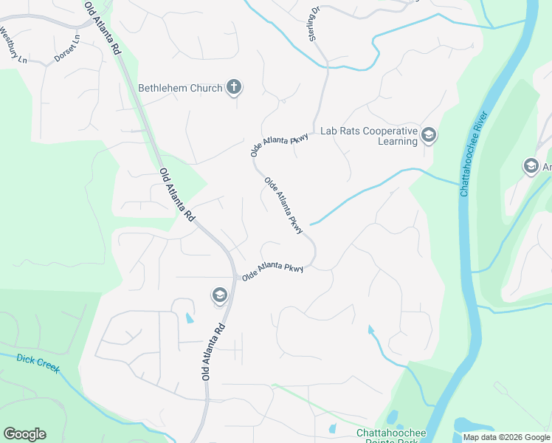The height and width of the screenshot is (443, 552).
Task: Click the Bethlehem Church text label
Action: (x=180, y=88)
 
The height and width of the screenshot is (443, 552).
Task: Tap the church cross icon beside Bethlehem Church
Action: (x=233, y=88)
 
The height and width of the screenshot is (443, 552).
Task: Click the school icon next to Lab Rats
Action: (x=429, y=135)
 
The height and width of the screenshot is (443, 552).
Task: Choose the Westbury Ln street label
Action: (x=11, y=44)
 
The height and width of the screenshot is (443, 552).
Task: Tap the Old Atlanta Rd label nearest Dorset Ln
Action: (x=103, y=29)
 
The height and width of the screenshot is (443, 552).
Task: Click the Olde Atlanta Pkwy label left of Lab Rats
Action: (x=280, y=140)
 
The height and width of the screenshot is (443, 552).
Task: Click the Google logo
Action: (x=24, y=434)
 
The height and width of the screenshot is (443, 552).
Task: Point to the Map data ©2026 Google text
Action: (x=506, y=437)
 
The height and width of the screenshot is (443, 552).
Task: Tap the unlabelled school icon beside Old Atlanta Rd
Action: (x=218, y=296)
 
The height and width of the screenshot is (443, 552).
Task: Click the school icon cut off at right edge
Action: (x=531, y=166)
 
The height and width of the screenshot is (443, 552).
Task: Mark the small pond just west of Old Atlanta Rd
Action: (x=188, y=318)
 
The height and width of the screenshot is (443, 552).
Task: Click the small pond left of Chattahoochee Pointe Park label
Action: (x=332, y=428)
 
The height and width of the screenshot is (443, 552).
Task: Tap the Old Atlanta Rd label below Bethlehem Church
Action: (x=177, y=196)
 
